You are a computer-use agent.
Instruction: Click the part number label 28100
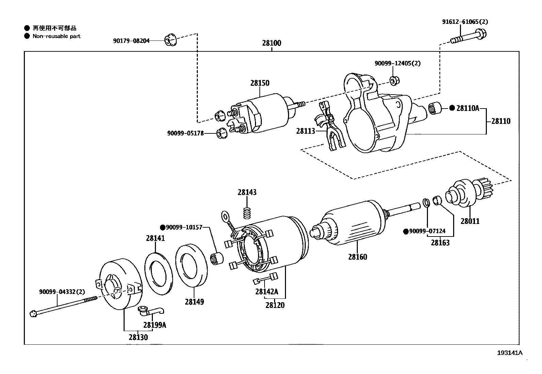[x=271, y=43]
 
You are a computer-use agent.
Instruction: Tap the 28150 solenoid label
[x=260, y=83]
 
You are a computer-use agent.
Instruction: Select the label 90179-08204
[x=131, y=40]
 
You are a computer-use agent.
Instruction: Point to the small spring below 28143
[x=247, y=213]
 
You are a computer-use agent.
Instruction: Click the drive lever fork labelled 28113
[x=330, y=126]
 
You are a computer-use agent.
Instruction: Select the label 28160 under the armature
[x=357, y=257]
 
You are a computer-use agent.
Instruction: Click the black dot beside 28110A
[x=452, y=108]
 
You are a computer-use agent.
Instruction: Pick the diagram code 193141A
[x=510, y=353]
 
